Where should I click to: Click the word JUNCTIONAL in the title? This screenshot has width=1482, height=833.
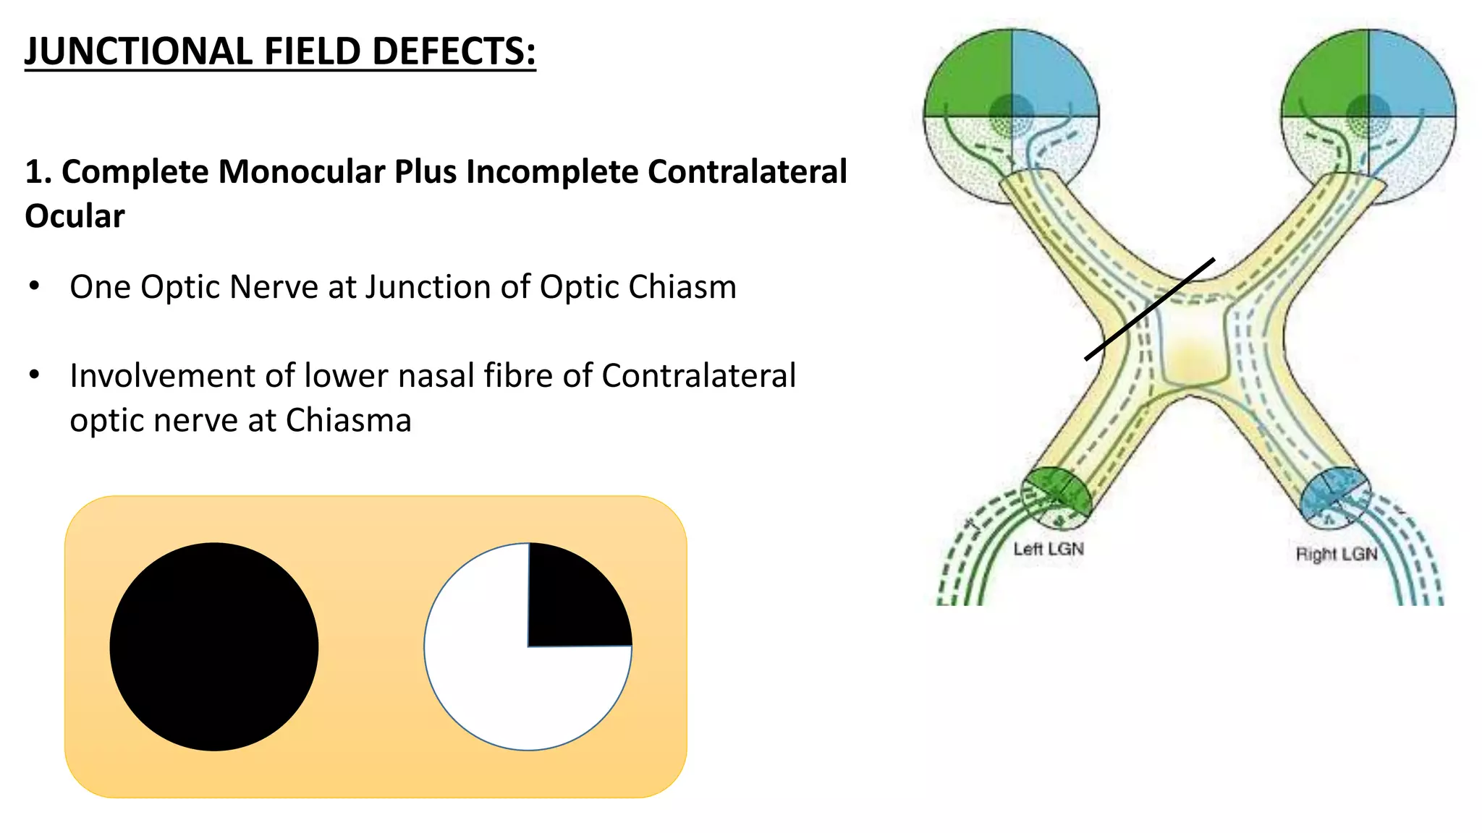click(x=138, y=51)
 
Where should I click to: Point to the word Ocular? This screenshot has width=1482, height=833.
click(x=75, y=216)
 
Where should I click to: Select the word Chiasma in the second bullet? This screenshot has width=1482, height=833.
click(x=348, y=421)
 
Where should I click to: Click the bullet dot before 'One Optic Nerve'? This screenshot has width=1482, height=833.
click(x=34, y=286)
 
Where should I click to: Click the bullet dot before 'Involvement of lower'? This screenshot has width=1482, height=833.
click(x=34, y=375)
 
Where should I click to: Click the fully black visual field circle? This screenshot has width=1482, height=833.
click(x=214, y=646)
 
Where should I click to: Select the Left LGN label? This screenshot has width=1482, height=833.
click(x=1049, y=550)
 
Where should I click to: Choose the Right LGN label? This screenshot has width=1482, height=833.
click(x=1336, y=555)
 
